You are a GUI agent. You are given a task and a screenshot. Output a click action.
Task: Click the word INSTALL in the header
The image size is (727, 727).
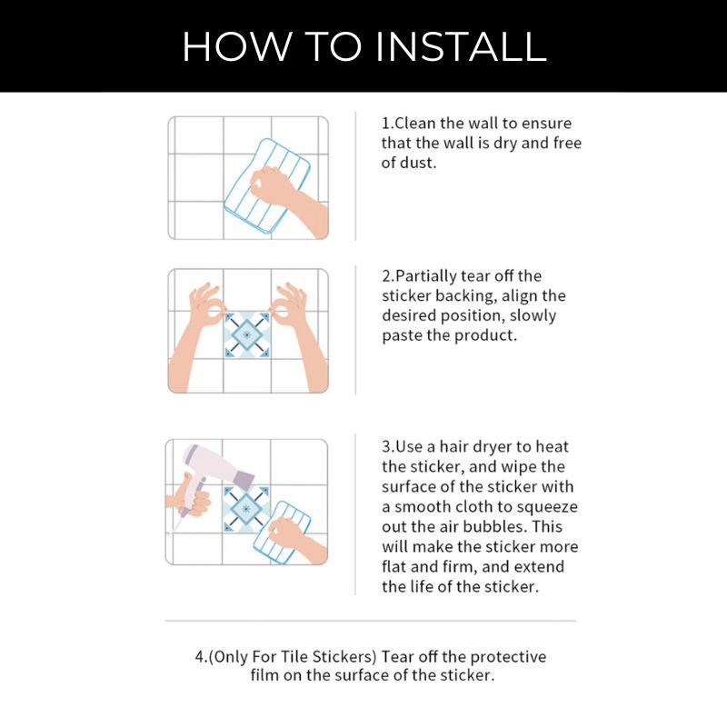pyautogui.click(x=462, y=46)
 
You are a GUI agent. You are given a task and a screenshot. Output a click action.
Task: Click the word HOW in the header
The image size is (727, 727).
pyautogui.click(x=237, y=46)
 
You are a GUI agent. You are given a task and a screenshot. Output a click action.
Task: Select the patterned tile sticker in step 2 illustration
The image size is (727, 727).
pyautogui.click(x=246, y=334)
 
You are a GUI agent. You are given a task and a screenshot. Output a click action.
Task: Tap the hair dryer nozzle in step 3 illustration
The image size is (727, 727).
pyautogui.click(x=245, y=480)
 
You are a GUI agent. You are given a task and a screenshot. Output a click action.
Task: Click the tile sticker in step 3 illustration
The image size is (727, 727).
pyautogui.click(x=245, y=509)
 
